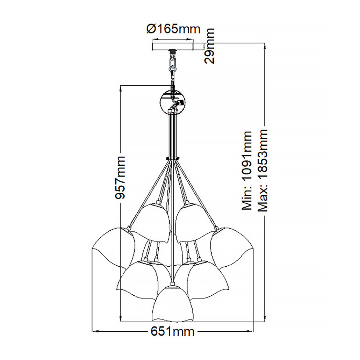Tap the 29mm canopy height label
click(x=209, y=46)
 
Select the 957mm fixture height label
click(x=120, y=178)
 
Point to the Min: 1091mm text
click(x=247, y=171)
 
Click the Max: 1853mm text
click(x=262, y=170)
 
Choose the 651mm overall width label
click(x=172, y=331)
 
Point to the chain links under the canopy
click(x=172, y=65)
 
